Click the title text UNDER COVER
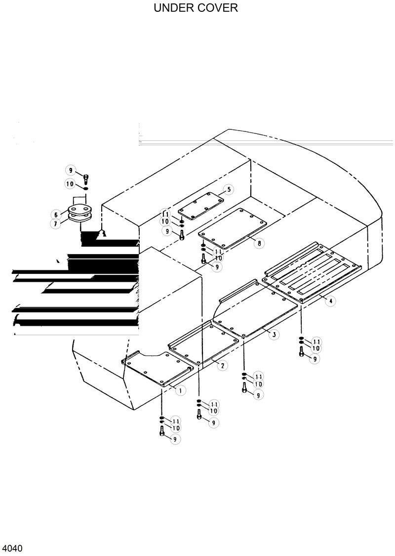(196, 8)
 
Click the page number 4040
(12, 549)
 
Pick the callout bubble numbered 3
(274, 335)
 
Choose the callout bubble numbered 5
(229, 189)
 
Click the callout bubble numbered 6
(57, 214)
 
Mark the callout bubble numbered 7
(57, 224)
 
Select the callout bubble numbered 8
(259, 243)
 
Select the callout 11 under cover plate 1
(176, 421)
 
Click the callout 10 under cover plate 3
(258, 384)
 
